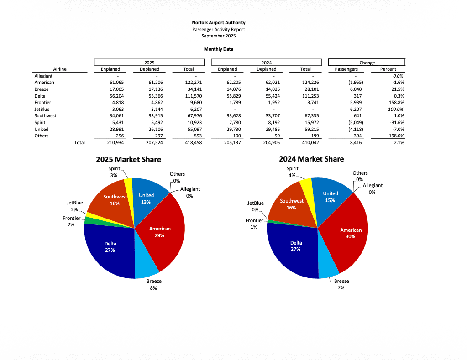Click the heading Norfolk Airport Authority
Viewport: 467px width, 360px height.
pyautogui.click(x=218, y=22)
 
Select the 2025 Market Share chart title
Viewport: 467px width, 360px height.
pyautogui.click(x=128, y=160)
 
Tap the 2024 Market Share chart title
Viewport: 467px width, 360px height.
pyautogui.click(x=311, y=159)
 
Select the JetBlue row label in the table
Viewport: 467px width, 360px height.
pyautogui.click(x=42, y=109)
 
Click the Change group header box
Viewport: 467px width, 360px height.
pyautogui.click(x=367, y=63)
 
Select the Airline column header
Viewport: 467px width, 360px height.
pyautogui.click(x=60, y=69)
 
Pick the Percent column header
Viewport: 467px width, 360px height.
pyautogui.click(x=388, y=69)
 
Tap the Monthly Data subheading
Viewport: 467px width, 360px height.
pyautogui.click(x=218, y=49)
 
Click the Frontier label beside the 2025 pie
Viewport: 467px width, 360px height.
pyautogui.click(x=72, y=219)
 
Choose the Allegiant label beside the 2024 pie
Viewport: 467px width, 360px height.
pyautogui.click(x=373, y=185)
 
